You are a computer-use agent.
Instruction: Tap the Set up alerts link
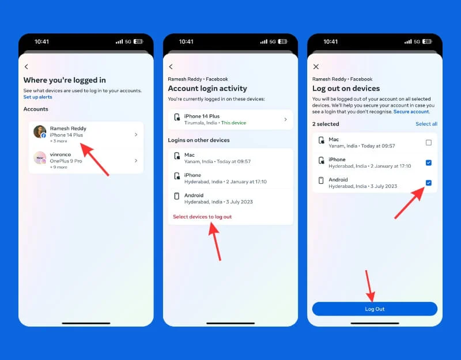37,97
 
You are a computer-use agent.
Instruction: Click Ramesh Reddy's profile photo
40,132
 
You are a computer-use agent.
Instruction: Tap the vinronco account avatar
40,158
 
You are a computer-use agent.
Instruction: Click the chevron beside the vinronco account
136,161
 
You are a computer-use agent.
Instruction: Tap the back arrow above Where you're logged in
27,67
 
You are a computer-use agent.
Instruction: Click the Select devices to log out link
202,217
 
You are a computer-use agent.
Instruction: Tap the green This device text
233,123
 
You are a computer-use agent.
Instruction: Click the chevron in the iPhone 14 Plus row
285,119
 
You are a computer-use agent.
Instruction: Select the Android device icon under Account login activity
177,196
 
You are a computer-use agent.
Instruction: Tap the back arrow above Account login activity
171,67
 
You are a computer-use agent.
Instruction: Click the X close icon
316,67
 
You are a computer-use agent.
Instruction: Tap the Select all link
426,124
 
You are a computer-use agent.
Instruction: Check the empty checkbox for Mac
429,142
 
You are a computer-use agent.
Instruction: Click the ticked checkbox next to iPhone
429,162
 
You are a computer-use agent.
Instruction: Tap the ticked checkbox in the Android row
429,183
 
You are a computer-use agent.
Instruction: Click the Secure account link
411,112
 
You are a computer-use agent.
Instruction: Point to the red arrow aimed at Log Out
369,286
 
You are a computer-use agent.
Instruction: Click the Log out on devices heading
346,89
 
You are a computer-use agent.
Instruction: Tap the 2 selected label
326,124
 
